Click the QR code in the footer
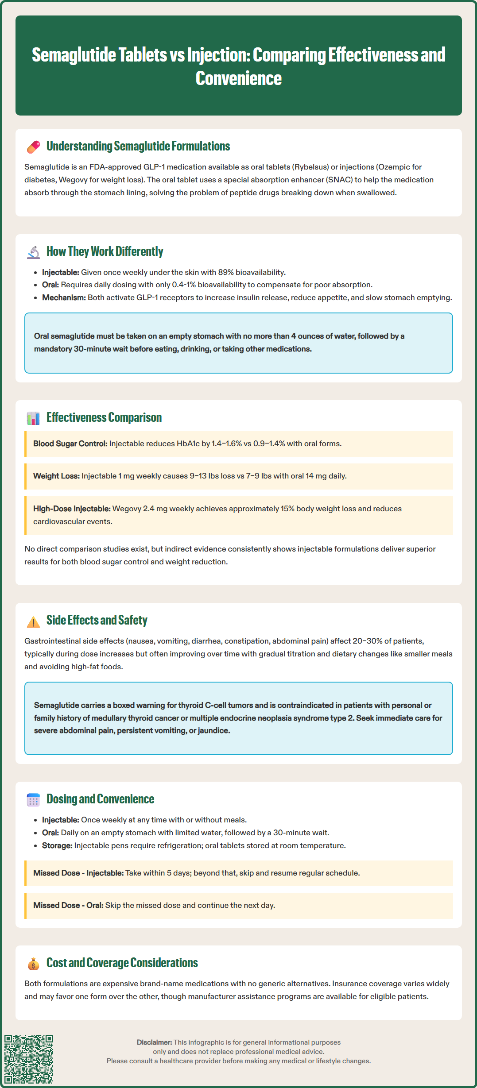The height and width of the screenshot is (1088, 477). pyautogui.click(x=29, y=1059)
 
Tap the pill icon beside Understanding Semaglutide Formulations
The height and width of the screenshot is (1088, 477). pyautogui.click(x=33, y=147)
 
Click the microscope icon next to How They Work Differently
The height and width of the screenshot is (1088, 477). pyautogui.click(x=33, y=252)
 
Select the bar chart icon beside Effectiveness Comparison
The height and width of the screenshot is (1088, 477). pyautogui.click(x=33, y=418)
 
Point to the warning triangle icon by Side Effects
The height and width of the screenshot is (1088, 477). pyautogui.click(x=33, y=621)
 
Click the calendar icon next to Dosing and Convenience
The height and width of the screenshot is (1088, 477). pyautogui.click(x=33, y=800)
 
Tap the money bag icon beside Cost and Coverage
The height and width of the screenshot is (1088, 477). pyautogui.click(x=33, y=964)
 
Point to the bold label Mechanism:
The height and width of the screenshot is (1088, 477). pyautogui.click(x=64, y=297)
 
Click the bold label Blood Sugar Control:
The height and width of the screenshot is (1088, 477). pyautogui.click(x=70, y=444)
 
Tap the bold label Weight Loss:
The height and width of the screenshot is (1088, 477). pyautogui.click(x=56, y=476)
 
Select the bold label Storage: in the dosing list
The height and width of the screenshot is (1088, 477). pyautogui.click(x=57, y=845)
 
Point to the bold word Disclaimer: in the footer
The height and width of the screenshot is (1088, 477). pyautogui.click(x=154, y=1042)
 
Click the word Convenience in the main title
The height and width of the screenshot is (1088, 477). pyautogui.click(x=238, y=79)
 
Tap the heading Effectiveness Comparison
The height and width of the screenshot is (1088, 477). pyautogui.click(x=104, y=417)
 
